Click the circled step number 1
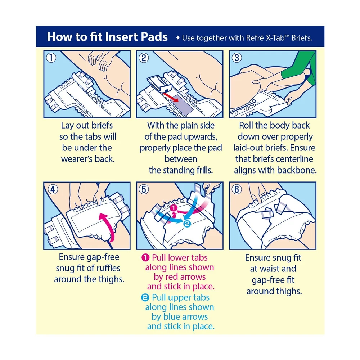(51, 58)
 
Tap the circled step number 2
(144, 58)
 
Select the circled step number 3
(237, 58)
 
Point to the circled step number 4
(53, 189)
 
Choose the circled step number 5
(144, 189)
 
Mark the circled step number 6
(237, 189)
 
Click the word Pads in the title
(154, 37)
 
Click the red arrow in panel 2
(171, 96)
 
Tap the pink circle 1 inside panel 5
(174, 208)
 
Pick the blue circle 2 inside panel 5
(187, 224)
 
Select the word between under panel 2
(181, 159)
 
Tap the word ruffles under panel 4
(108, 268)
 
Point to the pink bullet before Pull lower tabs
(145, 258)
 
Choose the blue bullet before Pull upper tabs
(145, 298)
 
